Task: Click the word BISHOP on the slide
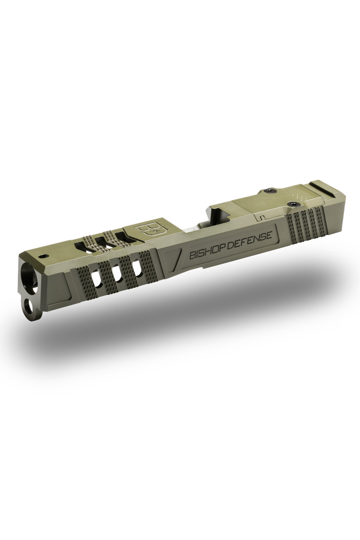[x=206, y=252]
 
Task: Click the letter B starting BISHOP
[x=192, y=256]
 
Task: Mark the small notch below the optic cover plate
[x=261, y=218]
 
